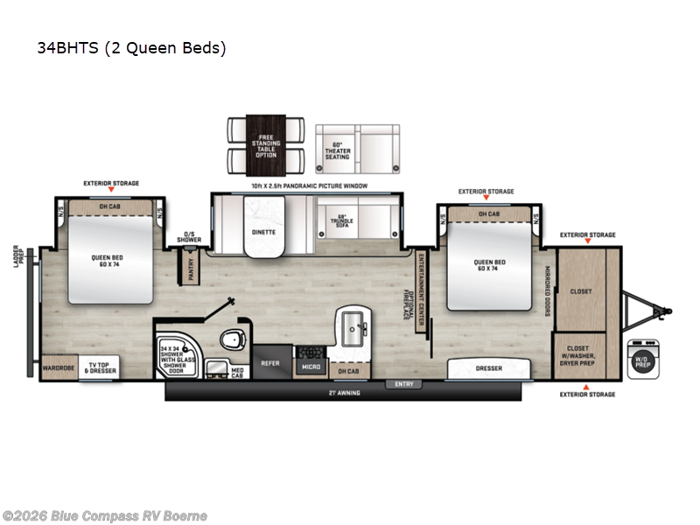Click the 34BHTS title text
pos(131,48)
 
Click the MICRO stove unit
pos(311,361)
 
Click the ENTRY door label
pos(403,384)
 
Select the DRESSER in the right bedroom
pos(488,368)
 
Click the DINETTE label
pos(263,232)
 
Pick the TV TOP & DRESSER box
pos(100,368)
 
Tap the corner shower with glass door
pos(177,357)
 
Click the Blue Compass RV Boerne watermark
pos(105,515)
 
